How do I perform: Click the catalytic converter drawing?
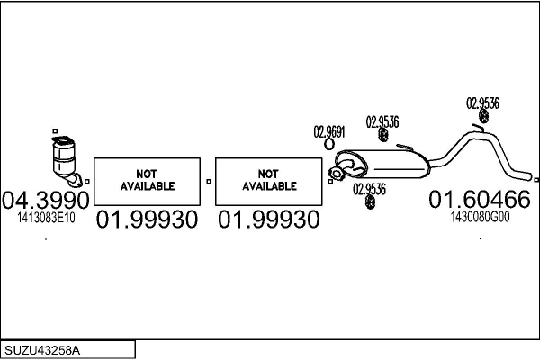click(65, 158)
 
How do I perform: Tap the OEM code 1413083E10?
click(46, 217)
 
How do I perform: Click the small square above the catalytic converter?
click(55, 131)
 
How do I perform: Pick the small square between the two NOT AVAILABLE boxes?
click(209, 181)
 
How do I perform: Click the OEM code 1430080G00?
click(480, 217)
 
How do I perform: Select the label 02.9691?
click(329, 130)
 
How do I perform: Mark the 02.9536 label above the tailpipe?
click(483, 103)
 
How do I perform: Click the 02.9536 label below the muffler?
click(370, 188)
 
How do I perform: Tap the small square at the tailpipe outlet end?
click(535, 178)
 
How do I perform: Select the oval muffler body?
click(387, 165)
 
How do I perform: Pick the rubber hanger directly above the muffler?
click(382, 135)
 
